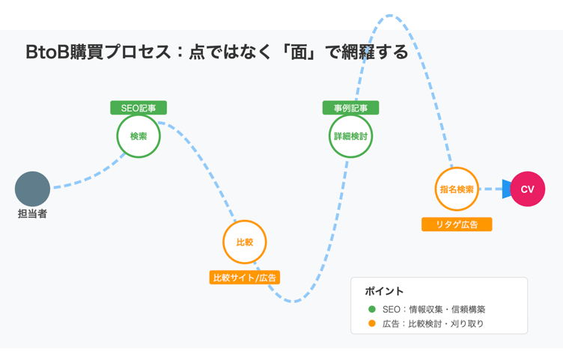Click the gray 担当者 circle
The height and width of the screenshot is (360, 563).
32,189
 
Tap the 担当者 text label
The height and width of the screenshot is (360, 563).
32,214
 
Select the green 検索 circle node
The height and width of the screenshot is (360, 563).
139,136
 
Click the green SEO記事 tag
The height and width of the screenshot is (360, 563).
139,108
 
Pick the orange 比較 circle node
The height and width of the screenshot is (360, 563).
245,242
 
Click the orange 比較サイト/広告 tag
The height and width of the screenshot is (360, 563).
245,278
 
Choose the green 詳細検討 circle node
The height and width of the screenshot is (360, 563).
350,136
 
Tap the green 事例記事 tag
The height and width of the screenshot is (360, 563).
350,108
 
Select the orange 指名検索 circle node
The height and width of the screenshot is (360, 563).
457,189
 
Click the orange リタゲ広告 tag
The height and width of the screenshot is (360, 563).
457,225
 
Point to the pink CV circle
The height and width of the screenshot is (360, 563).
527,189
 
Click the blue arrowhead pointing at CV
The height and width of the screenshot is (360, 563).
507,189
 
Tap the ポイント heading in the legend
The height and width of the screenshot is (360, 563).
384,291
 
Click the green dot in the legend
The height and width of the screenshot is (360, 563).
372,309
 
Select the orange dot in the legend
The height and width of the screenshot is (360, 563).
372,323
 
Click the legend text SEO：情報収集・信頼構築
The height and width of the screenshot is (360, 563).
433,309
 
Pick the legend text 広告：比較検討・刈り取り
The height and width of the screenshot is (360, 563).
433,323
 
